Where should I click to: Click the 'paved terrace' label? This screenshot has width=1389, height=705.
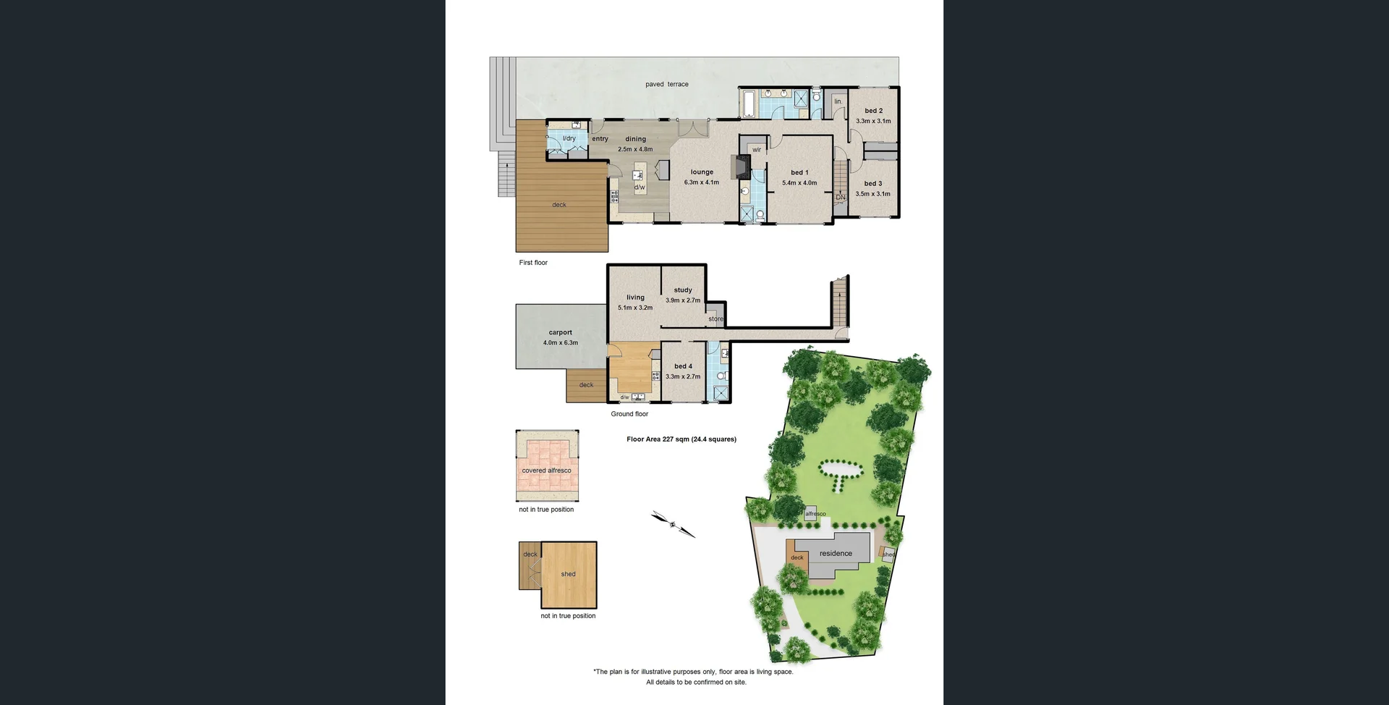666,85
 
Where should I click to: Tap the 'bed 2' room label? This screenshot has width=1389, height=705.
873,111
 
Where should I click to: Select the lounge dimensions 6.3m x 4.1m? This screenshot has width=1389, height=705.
701,182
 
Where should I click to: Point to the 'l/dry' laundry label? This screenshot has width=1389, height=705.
569,138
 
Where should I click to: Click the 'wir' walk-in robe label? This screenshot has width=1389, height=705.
757,150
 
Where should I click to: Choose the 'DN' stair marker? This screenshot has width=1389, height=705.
840,197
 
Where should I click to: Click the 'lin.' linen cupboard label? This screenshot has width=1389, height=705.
838,101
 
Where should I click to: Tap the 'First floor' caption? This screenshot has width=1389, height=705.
533,263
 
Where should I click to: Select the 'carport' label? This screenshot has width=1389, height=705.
560,332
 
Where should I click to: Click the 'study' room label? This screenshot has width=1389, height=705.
683,290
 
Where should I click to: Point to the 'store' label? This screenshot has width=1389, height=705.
715,318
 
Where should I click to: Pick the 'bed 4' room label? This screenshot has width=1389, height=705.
683,366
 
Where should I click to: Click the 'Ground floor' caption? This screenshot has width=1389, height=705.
629,414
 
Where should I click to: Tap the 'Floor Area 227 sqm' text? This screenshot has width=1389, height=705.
681,439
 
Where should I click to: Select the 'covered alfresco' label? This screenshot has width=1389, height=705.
546,470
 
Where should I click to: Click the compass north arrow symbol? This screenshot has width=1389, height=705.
673,524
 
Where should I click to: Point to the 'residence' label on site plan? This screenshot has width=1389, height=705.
836,554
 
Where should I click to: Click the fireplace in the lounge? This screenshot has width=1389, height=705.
740,166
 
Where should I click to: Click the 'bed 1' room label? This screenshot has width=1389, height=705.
799,172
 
